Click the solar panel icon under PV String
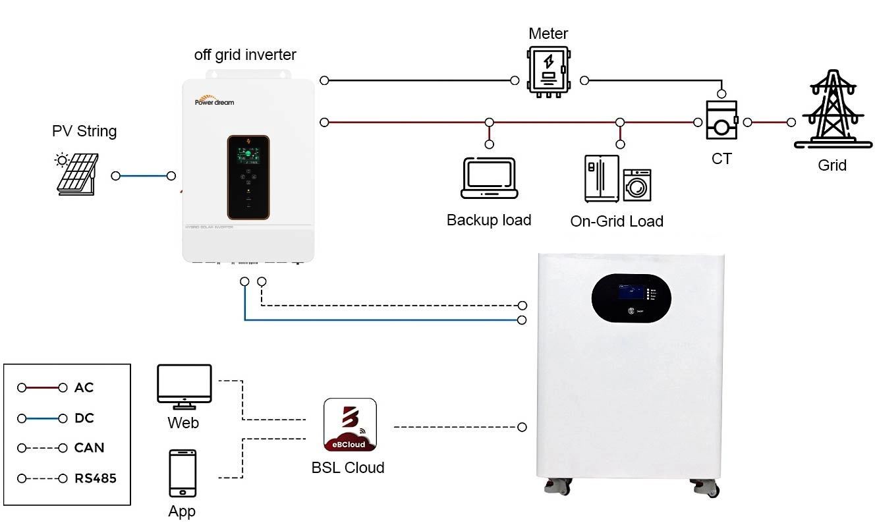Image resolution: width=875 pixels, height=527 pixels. (75, 175)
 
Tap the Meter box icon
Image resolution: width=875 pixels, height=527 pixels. (547, 72)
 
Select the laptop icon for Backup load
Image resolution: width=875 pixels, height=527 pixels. (489, 178)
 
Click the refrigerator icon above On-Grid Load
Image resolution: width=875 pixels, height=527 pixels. (602, 179)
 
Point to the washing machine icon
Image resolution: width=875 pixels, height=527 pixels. (637, 185)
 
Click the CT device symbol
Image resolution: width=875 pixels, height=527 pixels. (721, 120)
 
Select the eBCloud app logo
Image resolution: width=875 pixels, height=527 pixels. (350, 425)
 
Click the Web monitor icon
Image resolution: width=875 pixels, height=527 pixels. (184, 385)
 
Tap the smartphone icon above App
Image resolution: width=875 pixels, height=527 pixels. (182, 473)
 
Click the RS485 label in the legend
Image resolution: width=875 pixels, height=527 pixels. (95, 478)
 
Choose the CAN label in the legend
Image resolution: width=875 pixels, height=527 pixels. (89, 448)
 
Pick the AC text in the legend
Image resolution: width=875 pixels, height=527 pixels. (84, 388)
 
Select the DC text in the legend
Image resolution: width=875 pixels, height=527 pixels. (84, 418)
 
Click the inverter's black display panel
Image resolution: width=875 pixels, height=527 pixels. (248, 177)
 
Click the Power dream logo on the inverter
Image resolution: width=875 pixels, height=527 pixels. (214, 101)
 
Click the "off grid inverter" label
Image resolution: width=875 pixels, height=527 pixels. (245, 55)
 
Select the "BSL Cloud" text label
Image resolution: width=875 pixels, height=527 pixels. (347, 468)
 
